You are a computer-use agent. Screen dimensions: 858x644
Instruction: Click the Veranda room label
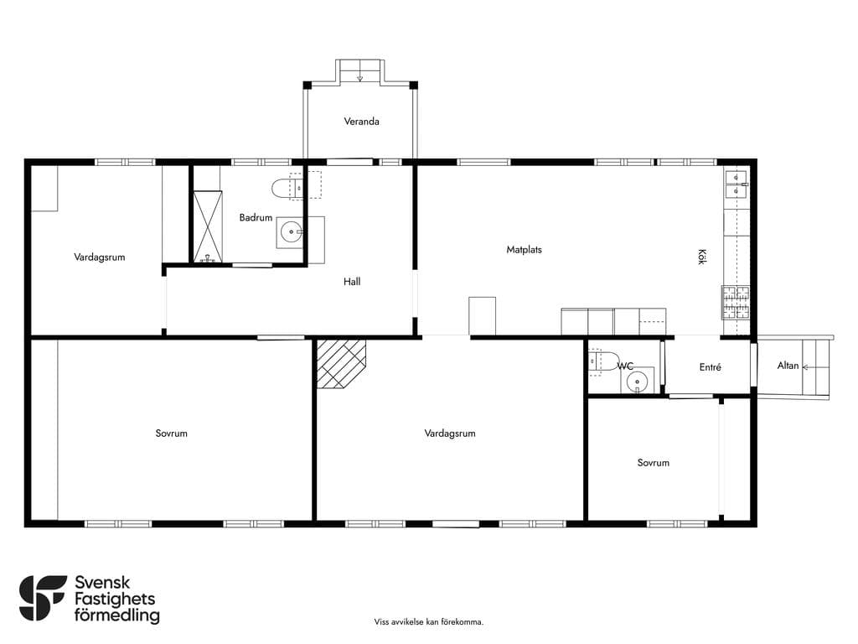pyautogui.click(x=361, y=122)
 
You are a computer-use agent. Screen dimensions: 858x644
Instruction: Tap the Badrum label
pyautogui.click(x=256, y=217)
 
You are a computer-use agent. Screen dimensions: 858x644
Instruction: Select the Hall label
pyautogui.click(x=352, y=282)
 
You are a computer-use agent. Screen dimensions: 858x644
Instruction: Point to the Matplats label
pyautogui.click(x=524, y=250)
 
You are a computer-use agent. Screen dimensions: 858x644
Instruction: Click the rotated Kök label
pyautogui.click(x=702, y=257)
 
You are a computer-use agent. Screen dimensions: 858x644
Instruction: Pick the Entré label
pyautogui.click(x=711, y=367)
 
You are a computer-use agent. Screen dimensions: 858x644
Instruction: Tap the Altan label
pyautogui.click(x=788, y=366)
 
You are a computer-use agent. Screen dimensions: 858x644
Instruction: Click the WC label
pyautogui.click(x=625, y=366)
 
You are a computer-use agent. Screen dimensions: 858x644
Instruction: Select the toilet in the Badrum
pyautogui.click(x=287, y=188)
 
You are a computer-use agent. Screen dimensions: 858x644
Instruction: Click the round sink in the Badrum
pyautogui.click(x=291, y=232)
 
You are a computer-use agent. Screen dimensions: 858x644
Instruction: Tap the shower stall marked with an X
pyautogui.click(x=208, y=226)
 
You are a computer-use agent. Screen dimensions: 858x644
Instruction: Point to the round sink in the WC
pyautogui.click(x=637, y=382)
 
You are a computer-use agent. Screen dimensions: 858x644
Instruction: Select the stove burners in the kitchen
pyautogui.click(x=736, y=302)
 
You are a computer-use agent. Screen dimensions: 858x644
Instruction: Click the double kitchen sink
pyautogui.click(x=737, y=184)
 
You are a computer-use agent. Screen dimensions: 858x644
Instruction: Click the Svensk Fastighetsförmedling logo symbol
pyautogui.click(x=43, y=598)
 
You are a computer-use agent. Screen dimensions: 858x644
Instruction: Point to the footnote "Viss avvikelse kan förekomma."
pyautogui.click(x=429, y=621)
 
